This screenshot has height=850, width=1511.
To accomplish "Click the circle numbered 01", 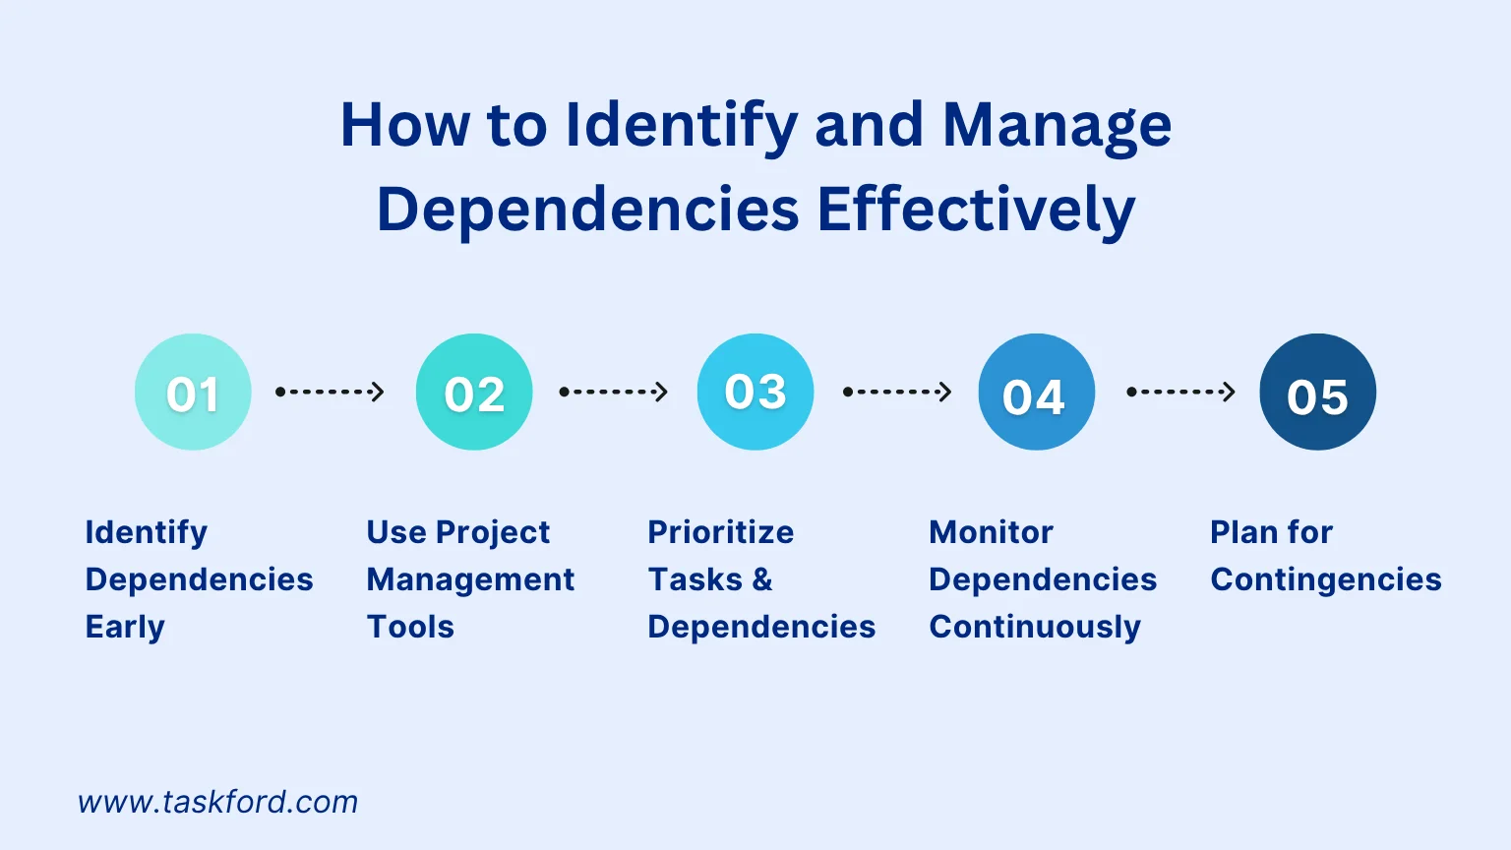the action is tap(193, 392).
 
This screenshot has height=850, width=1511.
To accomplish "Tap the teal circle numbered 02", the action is tap(474, 392).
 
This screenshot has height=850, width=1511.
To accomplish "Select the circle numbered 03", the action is tap(755, 392).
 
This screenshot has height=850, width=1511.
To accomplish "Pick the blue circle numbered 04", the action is tap(1037, 392).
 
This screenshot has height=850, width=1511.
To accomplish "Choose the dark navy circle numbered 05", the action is tap(1318, 392).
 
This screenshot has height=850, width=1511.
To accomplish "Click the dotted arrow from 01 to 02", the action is tap(330, 392).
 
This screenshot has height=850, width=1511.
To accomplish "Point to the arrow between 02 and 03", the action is tap(614, 392).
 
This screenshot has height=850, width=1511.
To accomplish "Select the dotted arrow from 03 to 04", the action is tap(898, 392).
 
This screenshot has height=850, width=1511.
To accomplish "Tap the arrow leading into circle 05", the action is tap(1181, 392).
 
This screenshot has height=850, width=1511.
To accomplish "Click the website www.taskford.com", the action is tap(217, 802).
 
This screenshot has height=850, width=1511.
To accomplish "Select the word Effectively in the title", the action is tap(976, 210).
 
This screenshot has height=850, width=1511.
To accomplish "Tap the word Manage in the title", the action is tap(1058, 128).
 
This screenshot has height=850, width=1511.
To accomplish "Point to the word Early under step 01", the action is tap(125, 628).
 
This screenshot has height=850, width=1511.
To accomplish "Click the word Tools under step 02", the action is tap(410, 627).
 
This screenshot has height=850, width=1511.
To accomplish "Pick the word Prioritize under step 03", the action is tap(720, 532).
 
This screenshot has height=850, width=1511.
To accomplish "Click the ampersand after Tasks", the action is tap(762, 579).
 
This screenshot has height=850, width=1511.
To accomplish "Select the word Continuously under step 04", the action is tap(1035, 628).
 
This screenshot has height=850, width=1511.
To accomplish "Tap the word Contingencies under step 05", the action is tap(1325, 580).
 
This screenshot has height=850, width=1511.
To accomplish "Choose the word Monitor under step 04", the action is tap(991, 532).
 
